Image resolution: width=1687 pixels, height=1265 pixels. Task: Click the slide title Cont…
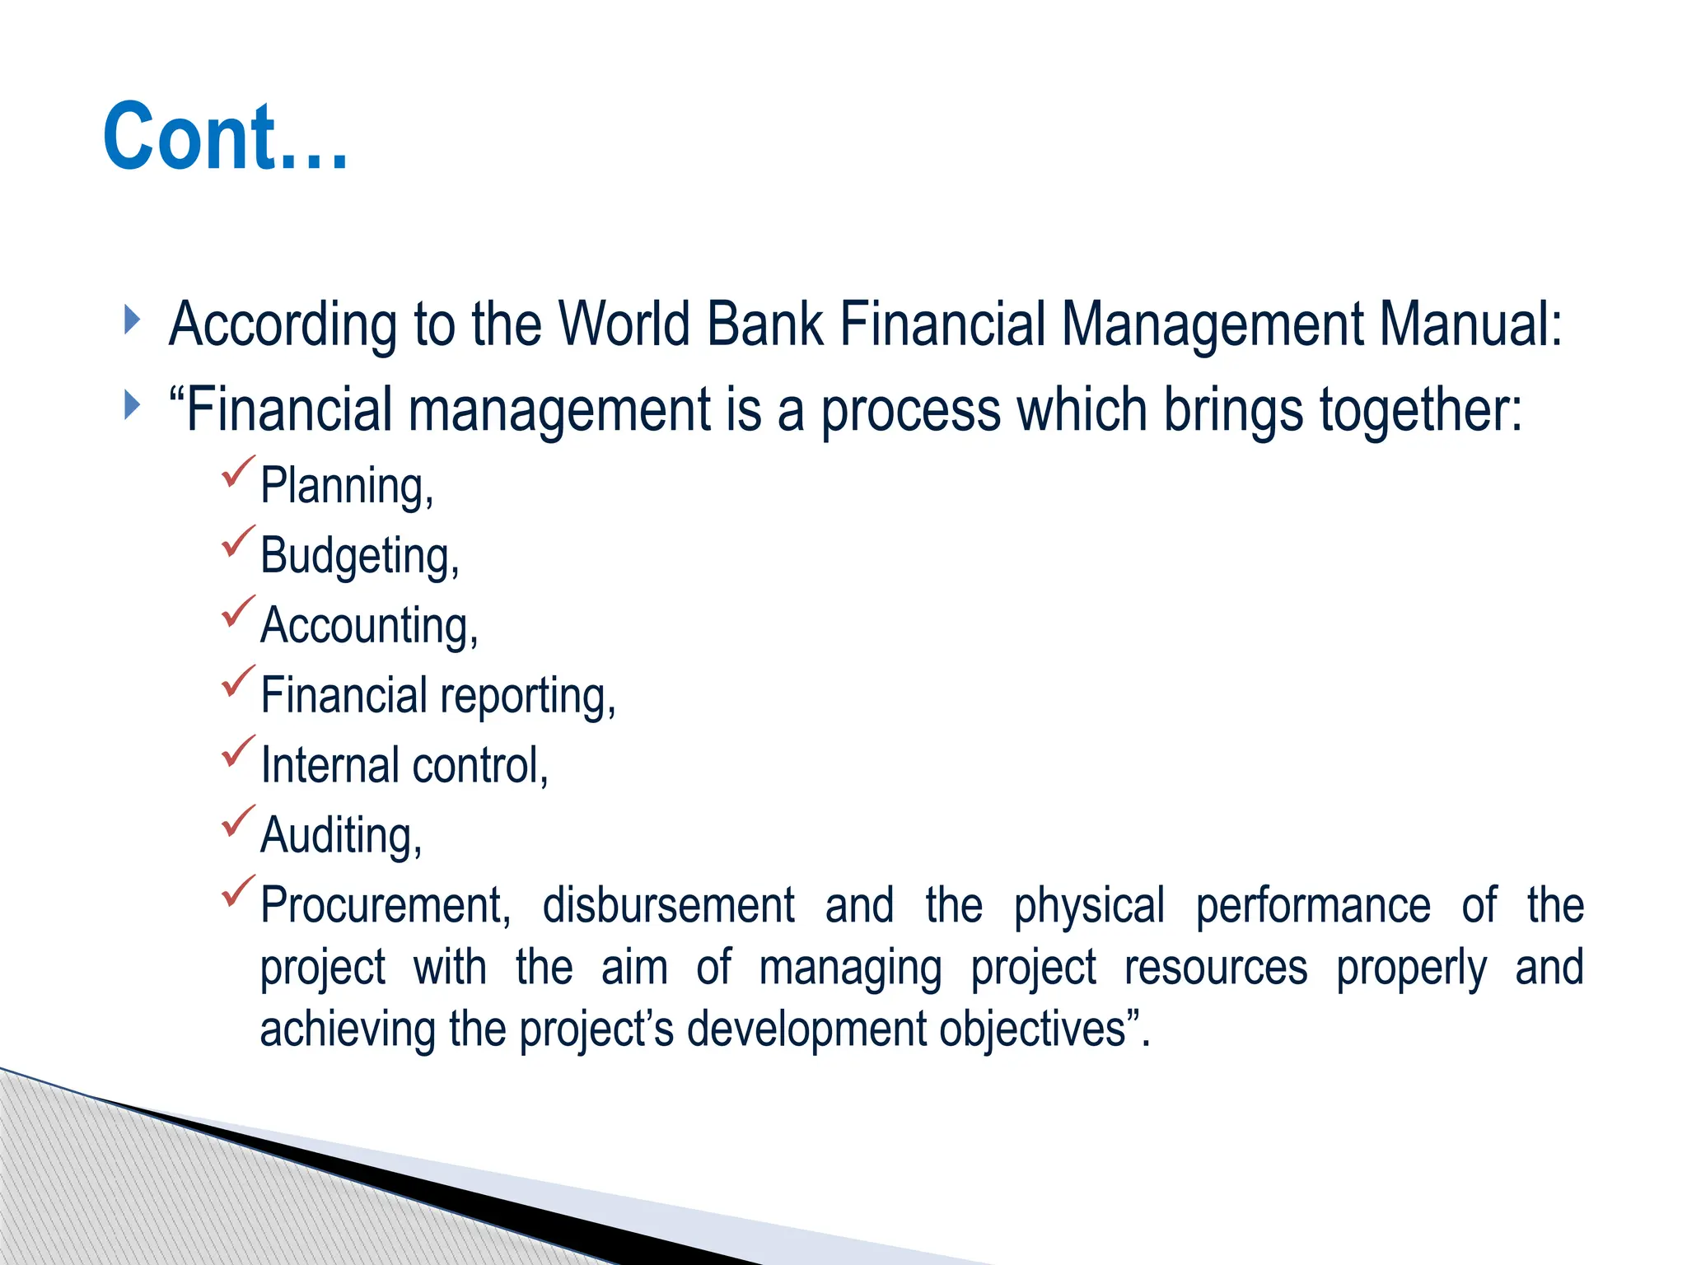coord(226,137)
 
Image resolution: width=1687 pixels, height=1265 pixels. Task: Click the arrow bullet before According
coord(132,320)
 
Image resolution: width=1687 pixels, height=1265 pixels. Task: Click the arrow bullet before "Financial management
coord(132,405)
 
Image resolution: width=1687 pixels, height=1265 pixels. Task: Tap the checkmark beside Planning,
coord(238,472)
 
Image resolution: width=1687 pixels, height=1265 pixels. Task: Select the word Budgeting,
coord(359,556)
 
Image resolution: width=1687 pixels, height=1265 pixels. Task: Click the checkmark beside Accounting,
coord(238,612)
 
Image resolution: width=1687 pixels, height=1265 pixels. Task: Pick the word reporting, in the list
coord(528,697)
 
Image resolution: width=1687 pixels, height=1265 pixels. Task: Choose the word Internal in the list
coord(330,765)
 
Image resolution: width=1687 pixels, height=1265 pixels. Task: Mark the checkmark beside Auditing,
coord(238,822)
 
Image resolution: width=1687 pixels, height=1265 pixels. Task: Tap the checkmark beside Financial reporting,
coord(238,682)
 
